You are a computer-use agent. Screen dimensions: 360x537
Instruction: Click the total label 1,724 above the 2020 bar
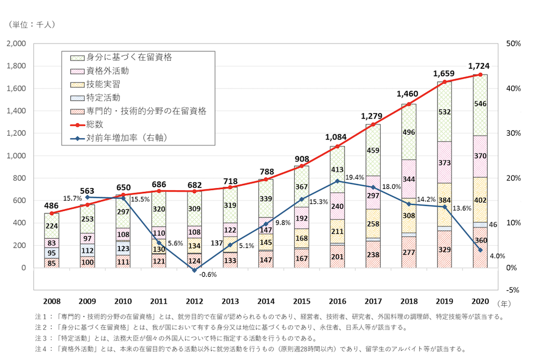[x=478, y=66]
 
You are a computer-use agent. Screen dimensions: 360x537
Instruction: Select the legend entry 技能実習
[x=103, y=84]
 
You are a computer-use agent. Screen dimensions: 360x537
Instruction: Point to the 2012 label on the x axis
[x=194, y=302]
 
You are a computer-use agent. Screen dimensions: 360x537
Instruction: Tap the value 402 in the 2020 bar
[x=480, y=200]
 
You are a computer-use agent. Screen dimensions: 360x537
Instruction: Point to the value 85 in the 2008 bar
[x=52, y=263]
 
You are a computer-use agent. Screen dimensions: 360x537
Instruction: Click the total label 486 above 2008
[x=52, y=205]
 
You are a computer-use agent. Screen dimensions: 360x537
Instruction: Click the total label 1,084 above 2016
[x=337, y=138]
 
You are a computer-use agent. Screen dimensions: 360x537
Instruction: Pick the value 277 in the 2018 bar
[x=409, y=252]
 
